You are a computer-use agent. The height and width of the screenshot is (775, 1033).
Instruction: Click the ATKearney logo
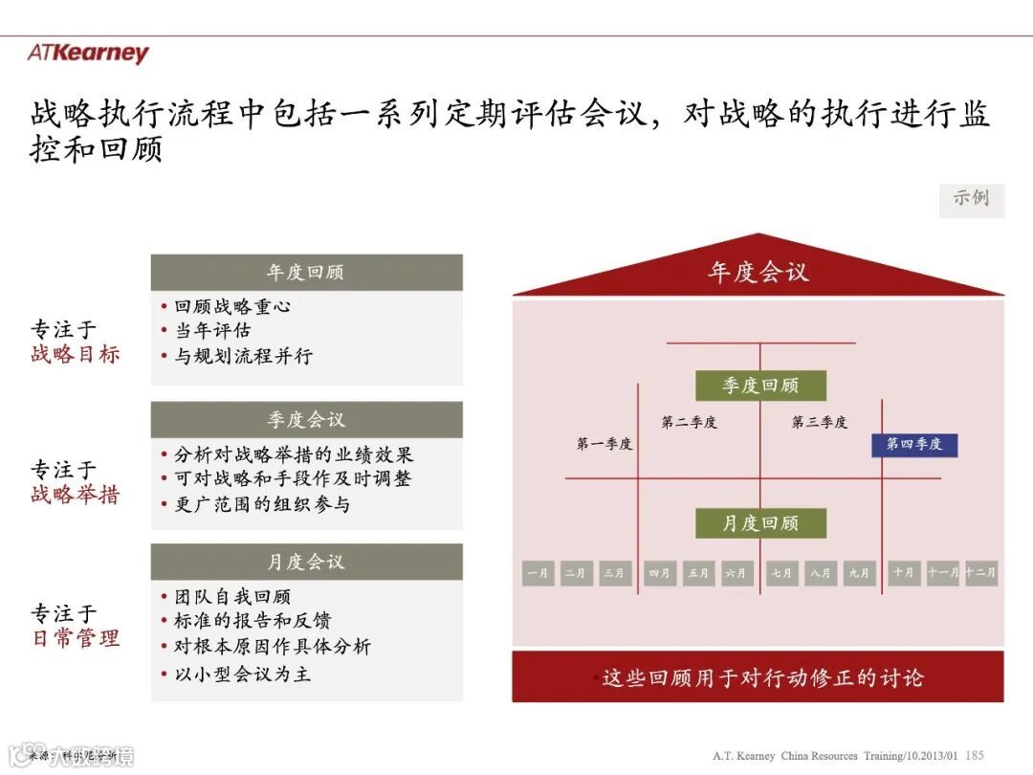[x=88, y=54]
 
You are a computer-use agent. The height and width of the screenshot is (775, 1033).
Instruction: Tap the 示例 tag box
[x=971, y=199]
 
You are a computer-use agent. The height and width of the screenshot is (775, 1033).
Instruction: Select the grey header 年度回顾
[x=306, y=273]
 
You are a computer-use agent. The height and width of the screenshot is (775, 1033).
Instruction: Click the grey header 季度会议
[x=306, y=419]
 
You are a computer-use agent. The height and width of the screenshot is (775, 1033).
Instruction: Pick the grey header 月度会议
[x=306, y=562]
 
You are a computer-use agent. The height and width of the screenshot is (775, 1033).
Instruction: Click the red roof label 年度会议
[x=758, y=273]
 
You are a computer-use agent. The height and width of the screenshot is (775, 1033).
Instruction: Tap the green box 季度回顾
[x=760, y=386]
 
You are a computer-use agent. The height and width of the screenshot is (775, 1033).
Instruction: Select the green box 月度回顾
[x=760, y=523]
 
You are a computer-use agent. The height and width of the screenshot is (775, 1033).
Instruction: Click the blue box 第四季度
[x=914, y=444]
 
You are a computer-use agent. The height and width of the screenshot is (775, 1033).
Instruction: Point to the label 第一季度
[x=604, y=444]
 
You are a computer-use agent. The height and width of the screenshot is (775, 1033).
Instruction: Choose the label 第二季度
[x=689, y=422]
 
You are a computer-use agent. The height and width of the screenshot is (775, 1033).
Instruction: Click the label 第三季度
[x=820, y=422]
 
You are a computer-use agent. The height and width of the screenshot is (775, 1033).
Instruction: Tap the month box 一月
[x=538, y=573]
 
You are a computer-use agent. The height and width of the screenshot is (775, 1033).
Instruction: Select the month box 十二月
[x=980, y=573]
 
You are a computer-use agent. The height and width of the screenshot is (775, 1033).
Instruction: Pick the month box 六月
[x=736, y=573]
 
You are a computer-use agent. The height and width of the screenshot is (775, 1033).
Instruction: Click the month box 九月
[x=859, y=573]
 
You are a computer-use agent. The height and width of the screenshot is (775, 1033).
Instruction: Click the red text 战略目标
[x=76, y=354]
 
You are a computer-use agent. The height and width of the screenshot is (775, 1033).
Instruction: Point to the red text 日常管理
[x=76, y=638]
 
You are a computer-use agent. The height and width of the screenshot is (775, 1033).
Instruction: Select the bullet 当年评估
[x=212, y=331]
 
